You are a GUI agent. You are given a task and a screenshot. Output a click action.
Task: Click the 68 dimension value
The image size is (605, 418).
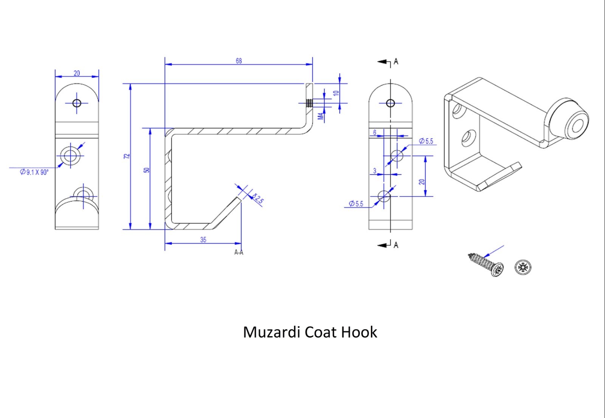click(239, 61)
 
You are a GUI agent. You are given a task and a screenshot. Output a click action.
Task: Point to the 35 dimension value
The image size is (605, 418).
click(203, 240)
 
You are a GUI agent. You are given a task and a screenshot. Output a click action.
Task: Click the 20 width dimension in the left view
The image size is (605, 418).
click(77, 73)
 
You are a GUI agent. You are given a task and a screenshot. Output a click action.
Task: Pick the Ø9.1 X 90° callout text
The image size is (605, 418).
click(34, 172)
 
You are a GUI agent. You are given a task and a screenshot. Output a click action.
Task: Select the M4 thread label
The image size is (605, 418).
click(320, 116)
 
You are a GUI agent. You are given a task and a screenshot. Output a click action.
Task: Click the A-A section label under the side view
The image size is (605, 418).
click(239, 252)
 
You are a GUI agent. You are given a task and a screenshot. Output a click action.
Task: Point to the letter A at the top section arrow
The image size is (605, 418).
click(396, 62)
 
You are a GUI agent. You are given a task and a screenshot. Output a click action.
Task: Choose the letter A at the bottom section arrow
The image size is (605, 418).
click(396, 245)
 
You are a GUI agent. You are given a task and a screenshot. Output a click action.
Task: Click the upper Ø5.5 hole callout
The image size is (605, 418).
click(426, 141)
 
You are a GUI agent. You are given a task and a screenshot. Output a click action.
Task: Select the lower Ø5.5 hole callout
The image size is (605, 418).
click(356, 204)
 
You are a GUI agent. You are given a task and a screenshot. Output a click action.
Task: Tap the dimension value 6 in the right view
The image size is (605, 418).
click(375, 133)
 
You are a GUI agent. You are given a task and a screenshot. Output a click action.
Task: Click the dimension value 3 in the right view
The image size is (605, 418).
click(375, 171)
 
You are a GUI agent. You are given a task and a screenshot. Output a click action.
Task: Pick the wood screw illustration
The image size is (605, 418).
click(486, 264)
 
